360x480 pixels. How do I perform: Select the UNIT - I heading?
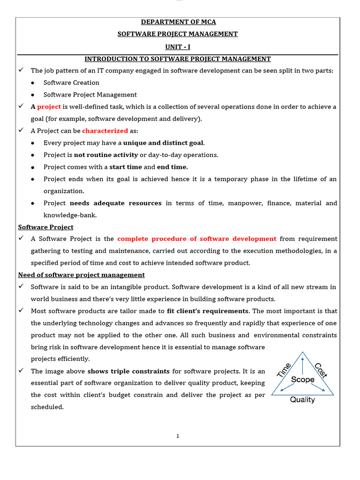pyautogui.click(x=177, y=46)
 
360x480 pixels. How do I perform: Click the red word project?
pyautogui.click(x=49, y=107)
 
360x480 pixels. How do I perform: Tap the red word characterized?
pyautogui.click(x=105, y=131)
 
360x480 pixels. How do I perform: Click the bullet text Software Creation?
pyautogui.click(x=71, y=82)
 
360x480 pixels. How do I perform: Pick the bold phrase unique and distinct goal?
pyautogui.click(x=164, y=143)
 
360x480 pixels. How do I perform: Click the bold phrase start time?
pyautogui.click(x=125, y=167)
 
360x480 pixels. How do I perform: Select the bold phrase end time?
pyautogui.click(x=172, y=167)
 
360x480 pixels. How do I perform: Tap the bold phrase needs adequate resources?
pyautogui.click(x=115, y=203)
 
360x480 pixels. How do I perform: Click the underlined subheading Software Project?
pyautogui.click(x=45, y=227)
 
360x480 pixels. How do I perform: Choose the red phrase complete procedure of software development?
pyautogui.click(x=197, y=239)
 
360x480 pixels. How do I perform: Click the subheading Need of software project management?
pyautogui.click(x=81, y=275)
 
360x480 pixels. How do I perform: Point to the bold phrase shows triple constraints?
pyautogui.click(x=128, y=371)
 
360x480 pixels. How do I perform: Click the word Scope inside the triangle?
pyautogui.click(x=303, y=380)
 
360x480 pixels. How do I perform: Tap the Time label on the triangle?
pyautogui.click(x=285, y=370)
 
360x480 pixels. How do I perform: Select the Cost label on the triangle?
pyautogui.click(x=321, y=370)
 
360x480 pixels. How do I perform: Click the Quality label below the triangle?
pyautogui.click(x=302, y=400)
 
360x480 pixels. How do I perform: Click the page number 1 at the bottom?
pyautogui.click(x=178, y=436)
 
